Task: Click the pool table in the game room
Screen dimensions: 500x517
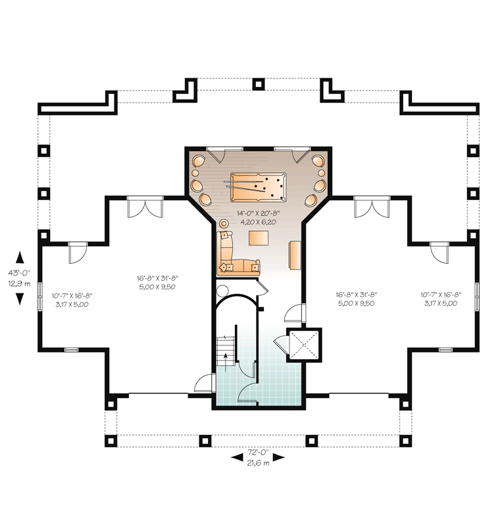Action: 259,187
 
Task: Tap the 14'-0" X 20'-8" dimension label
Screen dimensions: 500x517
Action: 259,213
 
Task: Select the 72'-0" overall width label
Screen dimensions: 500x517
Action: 259,451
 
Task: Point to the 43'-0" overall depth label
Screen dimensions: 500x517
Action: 20,273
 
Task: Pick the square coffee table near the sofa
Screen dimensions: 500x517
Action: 259,238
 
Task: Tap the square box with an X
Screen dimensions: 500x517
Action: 304,345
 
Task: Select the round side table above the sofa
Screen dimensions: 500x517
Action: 224,223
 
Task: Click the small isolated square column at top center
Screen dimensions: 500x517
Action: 259,84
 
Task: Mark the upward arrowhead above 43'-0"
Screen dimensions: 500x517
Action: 20,257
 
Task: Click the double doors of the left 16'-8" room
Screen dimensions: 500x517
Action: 145,208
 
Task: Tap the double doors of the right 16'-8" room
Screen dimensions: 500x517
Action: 372,208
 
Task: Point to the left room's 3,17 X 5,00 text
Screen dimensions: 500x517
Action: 72,305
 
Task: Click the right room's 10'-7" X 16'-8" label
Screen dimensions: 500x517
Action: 441,295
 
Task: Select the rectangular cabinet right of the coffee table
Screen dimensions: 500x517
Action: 295,255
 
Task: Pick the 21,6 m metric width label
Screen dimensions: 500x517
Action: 259,463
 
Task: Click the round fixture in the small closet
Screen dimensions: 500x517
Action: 222,291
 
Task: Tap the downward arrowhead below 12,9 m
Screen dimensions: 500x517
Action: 20,299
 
